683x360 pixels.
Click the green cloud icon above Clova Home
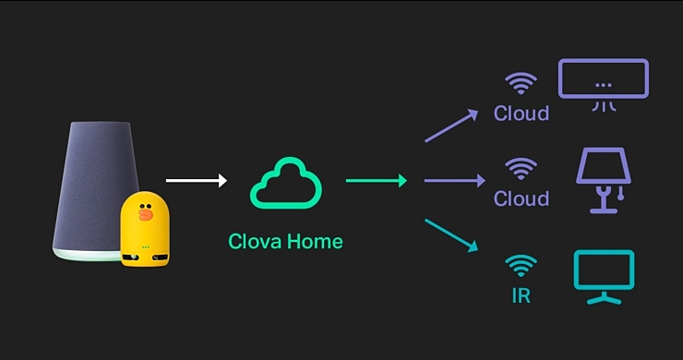[x=286, y=184]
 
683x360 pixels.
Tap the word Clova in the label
[x=255, y=242]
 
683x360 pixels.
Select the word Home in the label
[x=315, y=242]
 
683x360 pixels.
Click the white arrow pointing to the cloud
[x=195, y=181]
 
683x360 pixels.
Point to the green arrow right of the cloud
[x=376, y=181]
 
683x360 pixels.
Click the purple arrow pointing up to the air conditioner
[x=450, y=126]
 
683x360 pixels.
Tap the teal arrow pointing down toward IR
[x=450, y=234]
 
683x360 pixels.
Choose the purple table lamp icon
[x=603, y=180]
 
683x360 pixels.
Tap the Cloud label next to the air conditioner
[x=521, y=114]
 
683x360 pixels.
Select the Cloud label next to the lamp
[x=521, y=198]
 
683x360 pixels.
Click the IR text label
[x=521, y=297]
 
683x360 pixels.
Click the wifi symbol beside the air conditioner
[x=521, y=84]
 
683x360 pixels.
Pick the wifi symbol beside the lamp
[x=521, y=169]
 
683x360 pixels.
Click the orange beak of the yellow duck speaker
[x=146, y=214]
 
